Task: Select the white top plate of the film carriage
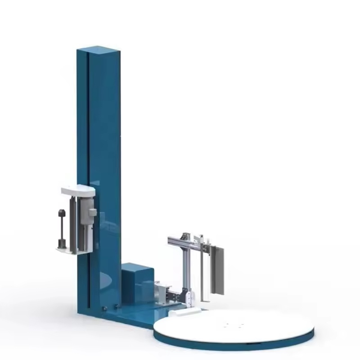(x=78, y=191)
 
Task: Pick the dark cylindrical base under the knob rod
(x=62, y=244)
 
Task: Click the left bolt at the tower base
(x=104, y=308)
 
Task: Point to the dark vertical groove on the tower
(x=88, y=135)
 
